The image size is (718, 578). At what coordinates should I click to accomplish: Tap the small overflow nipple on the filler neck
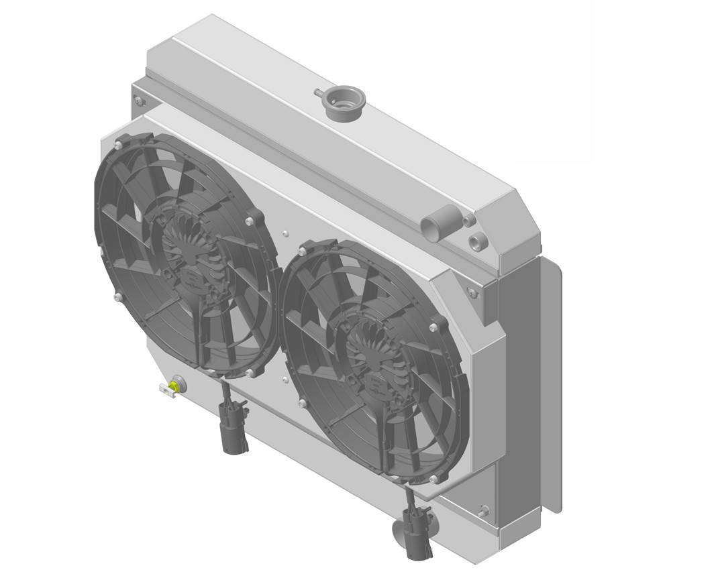[x=317, y=92]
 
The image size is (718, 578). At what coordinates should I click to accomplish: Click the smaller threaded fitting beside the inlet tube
[x=469, y=219]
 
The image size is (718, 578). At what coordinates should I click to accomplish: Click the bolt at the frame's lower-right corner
[x=484, y=512]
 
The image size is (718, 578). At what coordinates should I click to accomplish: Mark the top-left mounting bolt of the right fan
[x=303, y=250]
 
